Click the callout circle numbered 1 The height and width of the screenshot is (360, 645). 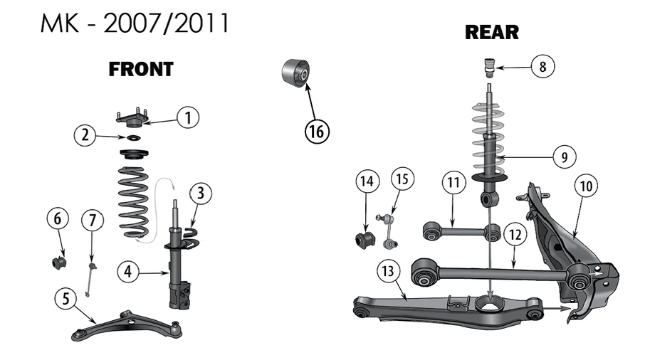pyautogui.click(x=188, y=117)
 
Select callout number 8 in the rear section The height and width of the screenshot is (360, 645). pyautogui.click(x=542, y=68)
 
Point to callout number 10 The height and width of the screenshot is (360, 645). pyautogui.click(x=586, y=186)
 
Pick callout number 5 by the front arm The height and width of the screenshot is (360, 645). pyautogui.click(x=66, y=299)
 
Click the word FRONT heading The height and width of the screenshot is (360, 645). pyautogui.click(x=141, y=70)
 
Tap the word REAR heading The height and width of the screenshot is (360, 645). pyautogui.click(x=491, y=33)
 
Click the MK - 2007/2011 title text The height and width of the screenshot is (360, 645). pyautogui.click(x=135, y=24)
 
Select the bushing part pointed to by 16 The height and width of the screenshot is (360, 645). pyautogui.click(x=295, y=73)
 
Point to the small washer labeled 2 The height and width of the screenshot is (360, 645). pyautogui.click(x=132, y=138)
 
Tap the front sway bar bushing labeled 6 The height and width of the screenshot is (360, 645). pyautogui.click(x=59, y=262)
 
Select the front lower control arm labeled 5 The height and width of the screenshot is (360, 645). pyautogui.click(x=128, y=324)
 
